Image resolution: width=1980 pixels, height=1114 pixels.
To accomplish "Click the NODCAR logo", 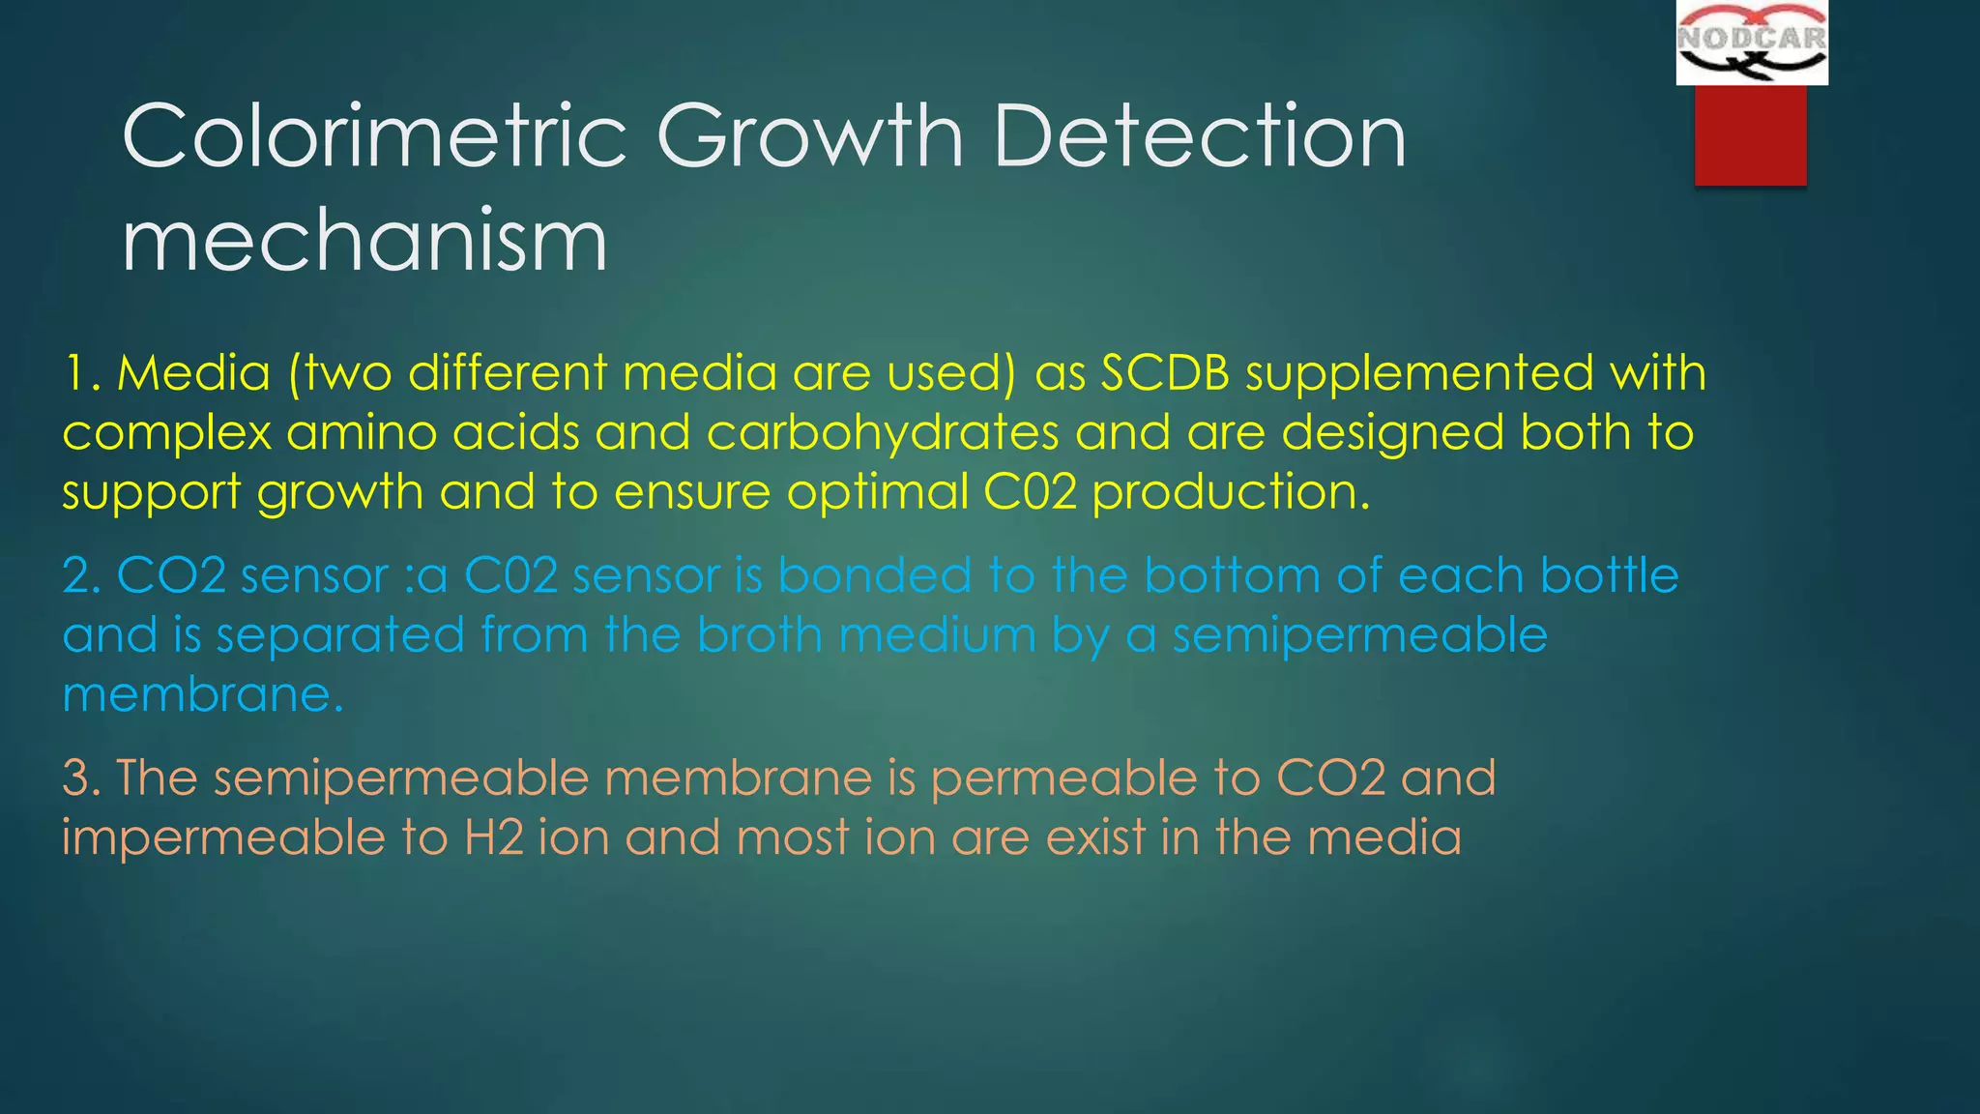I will tap(1751, 42).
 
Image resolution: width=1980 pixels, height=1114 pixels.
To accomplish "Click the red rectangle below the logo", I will tap(1750, 134).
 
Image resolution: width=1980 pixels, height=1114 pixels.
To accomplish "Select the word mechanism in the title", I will tap(364, 242).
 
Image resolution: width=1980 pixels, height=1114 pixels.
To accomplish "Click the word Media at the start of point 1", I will tap(193, 373).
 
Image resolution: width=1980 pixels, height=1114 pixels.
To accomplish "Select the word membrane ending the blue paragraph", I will tap(201, 695).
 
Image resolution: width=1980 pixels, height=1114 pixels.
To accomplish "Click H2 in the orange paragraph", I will tap(493, 837).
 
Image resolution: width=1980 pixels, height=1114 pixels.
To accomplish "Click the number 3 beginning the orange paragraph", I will tap(75, 778).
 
